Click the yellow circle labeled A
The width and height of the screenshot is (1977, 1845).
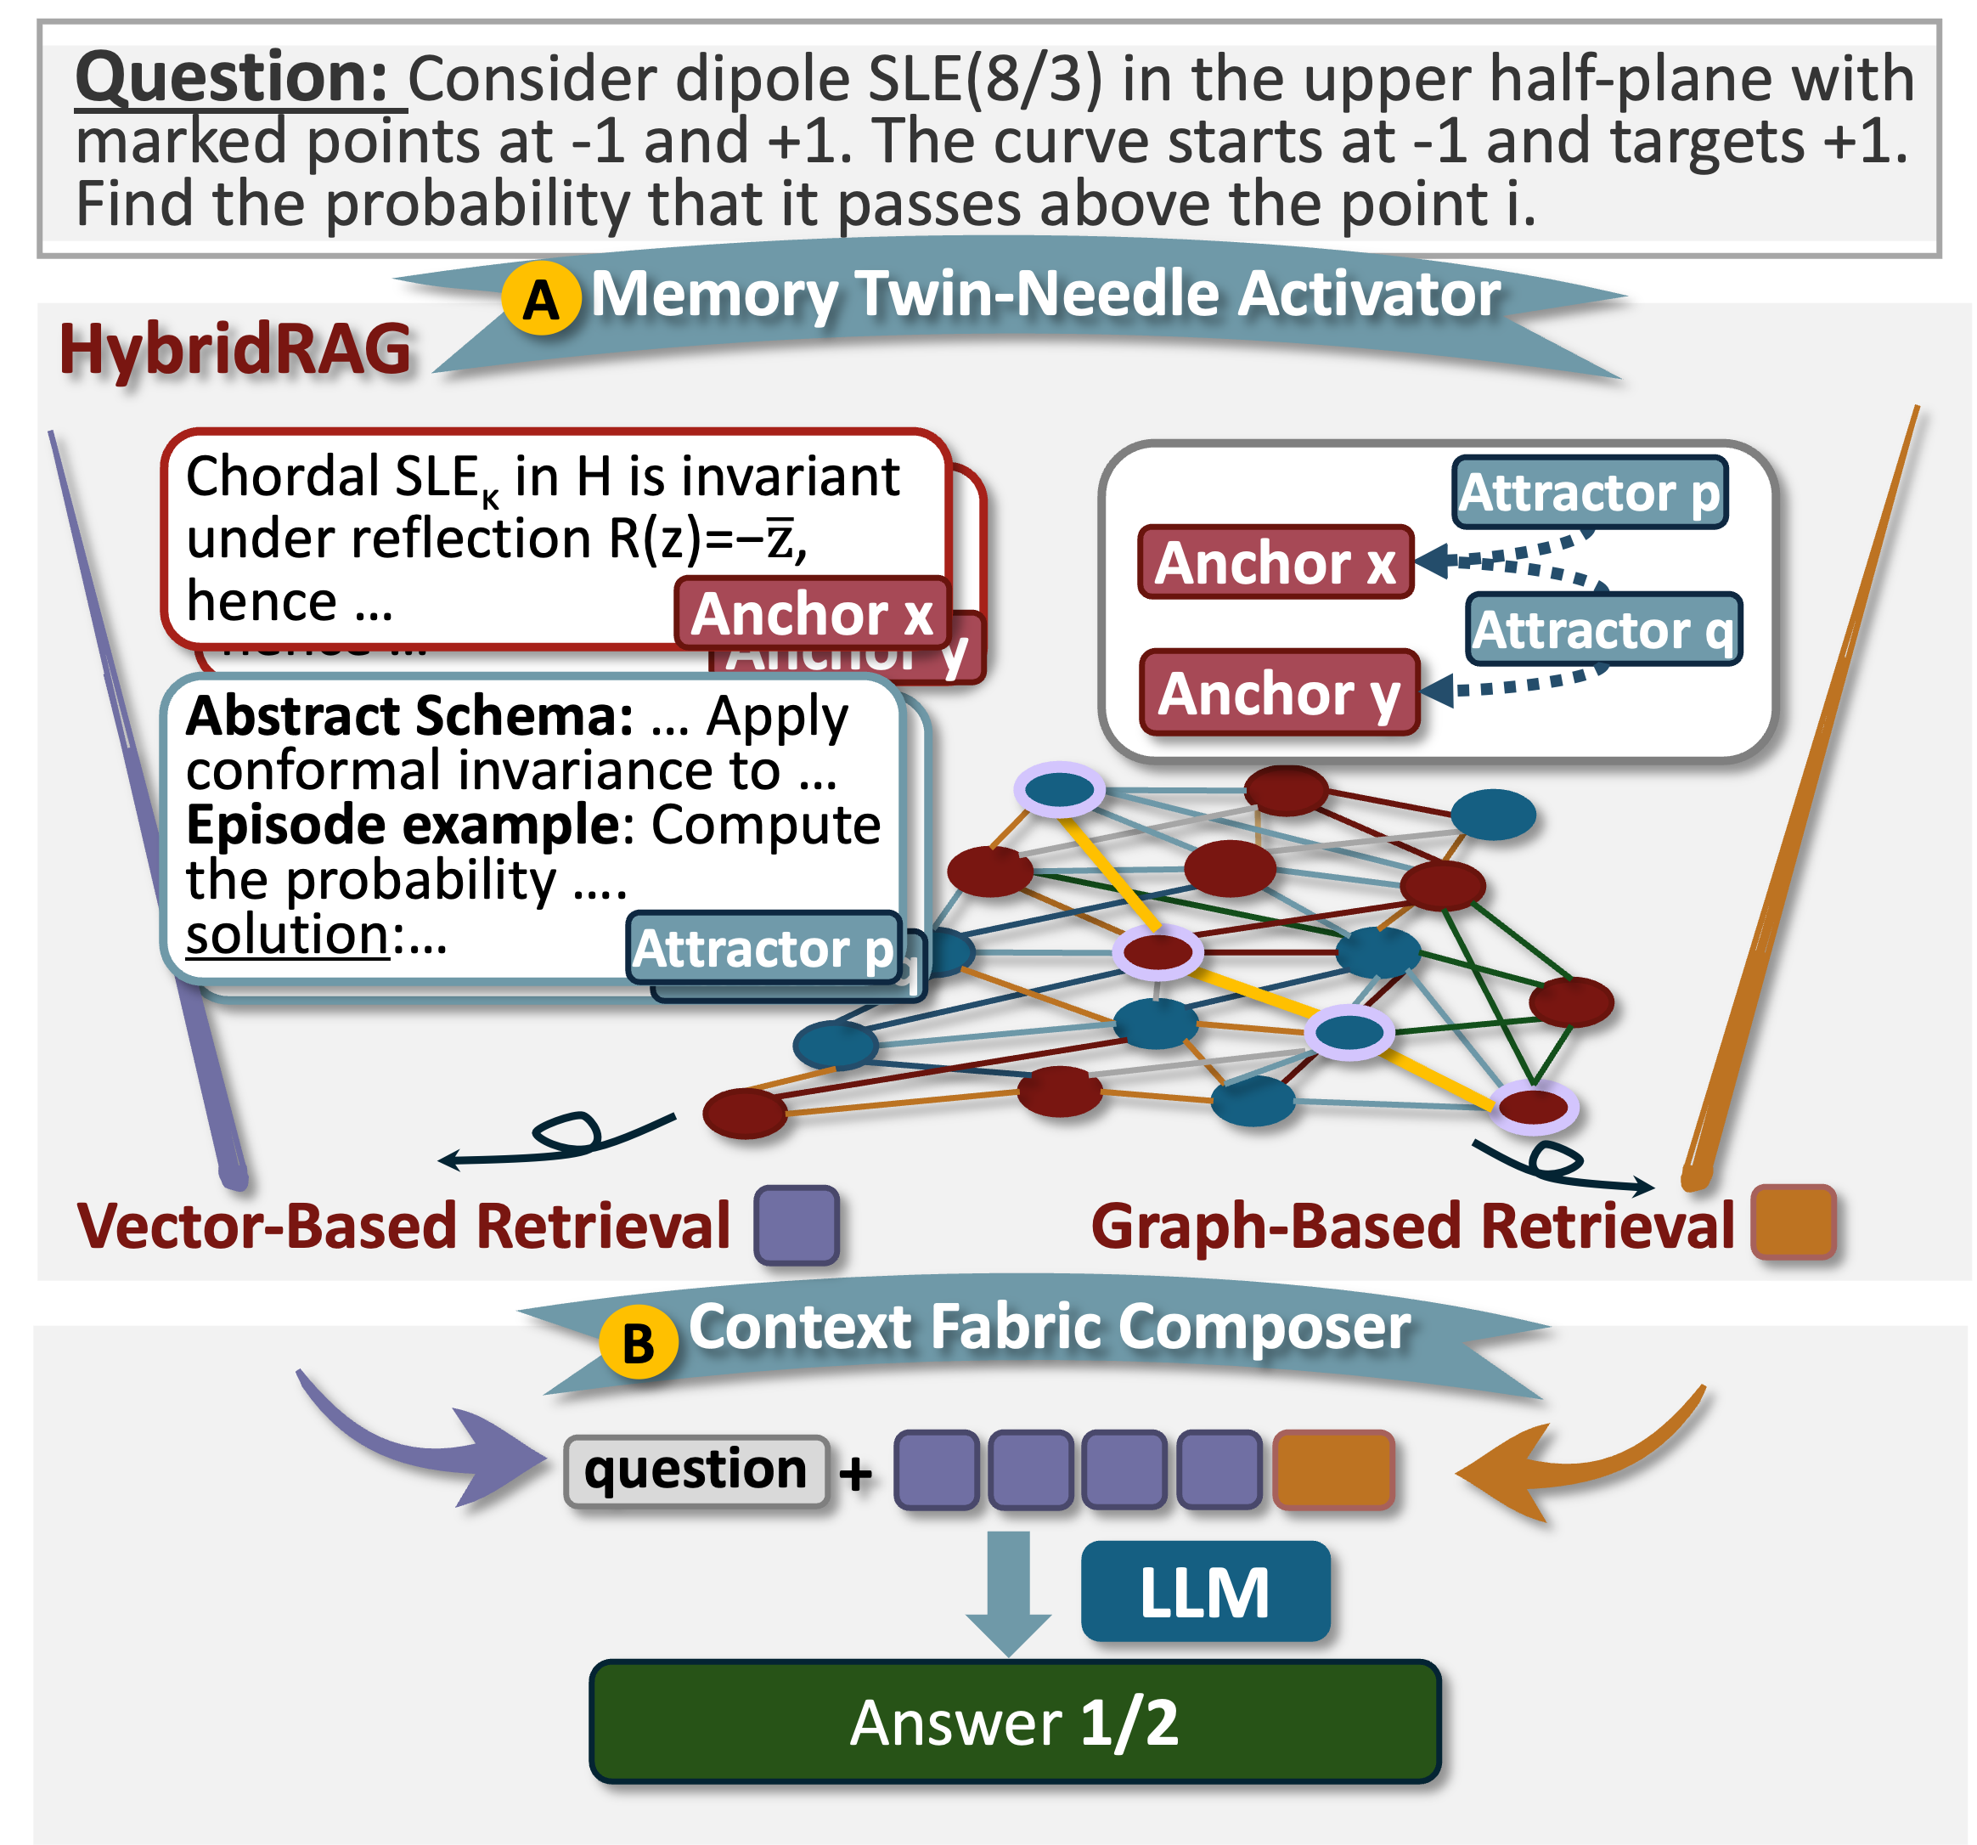(540, 298)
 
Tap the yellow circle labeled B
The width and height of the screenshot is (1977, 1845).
(638, 1342)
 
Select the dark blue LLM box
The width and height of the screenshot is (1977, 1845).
(1204, 1591)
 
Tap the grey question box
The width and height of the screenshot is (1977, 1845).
(696, 1470)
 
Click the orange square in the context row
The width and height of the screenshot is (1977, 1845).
(1332, 1470)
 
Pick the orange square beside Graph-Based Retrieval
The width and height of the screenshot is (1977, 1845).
(1793, 1222)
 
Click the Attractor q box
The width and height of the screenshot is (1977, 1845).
(1603, 629)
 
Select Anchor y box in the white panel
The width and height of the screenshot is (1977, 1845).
(1279, 693)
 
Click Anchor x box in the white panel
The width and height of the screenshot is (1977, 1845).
(1275, 563)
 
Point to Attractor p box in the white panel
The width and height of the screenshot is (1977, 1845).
(1589, 493)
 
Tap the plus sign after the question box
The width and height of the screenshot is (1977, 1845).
(855, 1473)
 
